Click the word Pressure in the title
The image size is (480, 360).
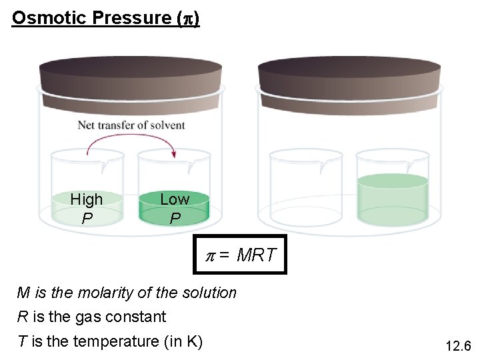coord(131,17)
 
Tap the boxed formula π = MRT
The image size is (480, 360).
coord(240,255)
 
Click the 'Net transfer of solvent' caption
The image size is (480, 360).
coord(131,125)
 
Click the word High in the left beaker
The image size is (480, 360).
coord(87,199)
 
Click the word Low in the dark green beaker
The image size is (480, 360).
coord(175,199)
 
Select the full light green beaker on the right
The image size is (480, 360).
coord(392,197)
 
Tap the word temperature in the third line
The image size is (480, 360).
coord(115,341)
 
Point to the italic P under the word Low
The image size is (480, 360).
coord(175,218)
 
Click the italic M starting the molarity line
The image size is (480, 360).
coord(23,293)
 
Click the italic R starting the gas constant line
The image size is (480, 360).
coord(23,317)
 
